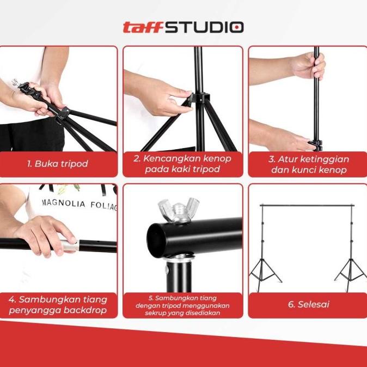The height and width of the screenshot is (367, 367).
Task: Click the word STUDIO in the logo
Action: coord(205,27)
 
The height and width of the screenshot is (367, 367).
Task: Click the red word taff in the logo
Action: coord(143,27)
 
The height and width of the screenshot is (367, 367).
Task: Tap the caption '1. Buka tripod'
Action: coord(58,163)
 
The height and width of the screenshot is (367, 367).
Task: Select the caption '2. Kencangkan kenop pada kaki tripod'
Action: coord(182,163)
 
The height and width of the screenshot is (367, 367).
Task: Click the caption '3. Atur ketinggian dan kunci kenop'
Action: coord(309,164)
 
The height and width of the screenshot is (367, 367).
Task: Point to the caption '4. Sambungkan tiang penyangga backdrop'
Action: coord(58,305)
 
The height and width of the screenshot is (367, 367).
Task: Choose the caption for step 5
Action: coord(182,305)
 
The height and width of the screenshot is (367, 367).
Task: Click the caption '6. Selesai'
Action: coord(309,304)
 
